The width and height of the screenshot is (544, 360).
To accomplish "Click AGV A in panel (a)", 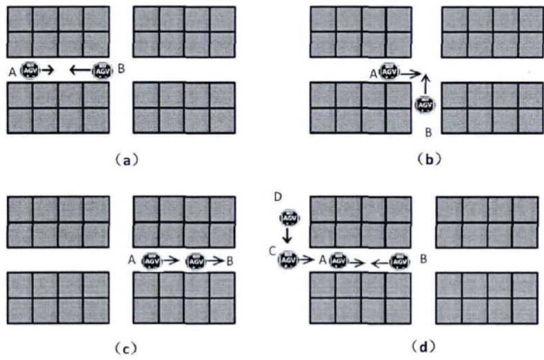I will [x=31, y=70].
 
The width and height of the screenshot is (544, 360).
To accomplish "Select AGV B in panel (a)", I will [x=102, y=70].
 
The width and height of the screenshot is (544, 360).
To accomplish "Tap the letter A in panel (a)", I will [x=12, y=70].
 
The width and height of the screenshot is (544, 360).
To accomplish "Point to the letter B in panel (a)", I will [x=121, y=69].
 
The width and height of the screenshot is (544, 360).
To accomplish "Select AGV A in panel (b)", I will [x=389, y=72].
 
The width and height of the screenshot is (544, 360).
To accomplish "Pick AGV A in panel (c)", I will [x=151, y=261].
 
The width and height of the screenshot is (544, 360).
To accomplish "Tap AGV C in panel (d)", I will [x=289, y=261].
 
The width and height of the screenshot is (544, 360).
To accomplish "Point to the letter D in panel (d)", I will [x=278, y=198].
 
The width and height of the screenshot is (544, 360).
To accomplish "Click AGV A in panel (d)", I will [x=338, y=261].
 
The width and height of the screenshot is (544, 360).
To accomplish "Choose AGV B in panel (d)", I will [x=399, y=261].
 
